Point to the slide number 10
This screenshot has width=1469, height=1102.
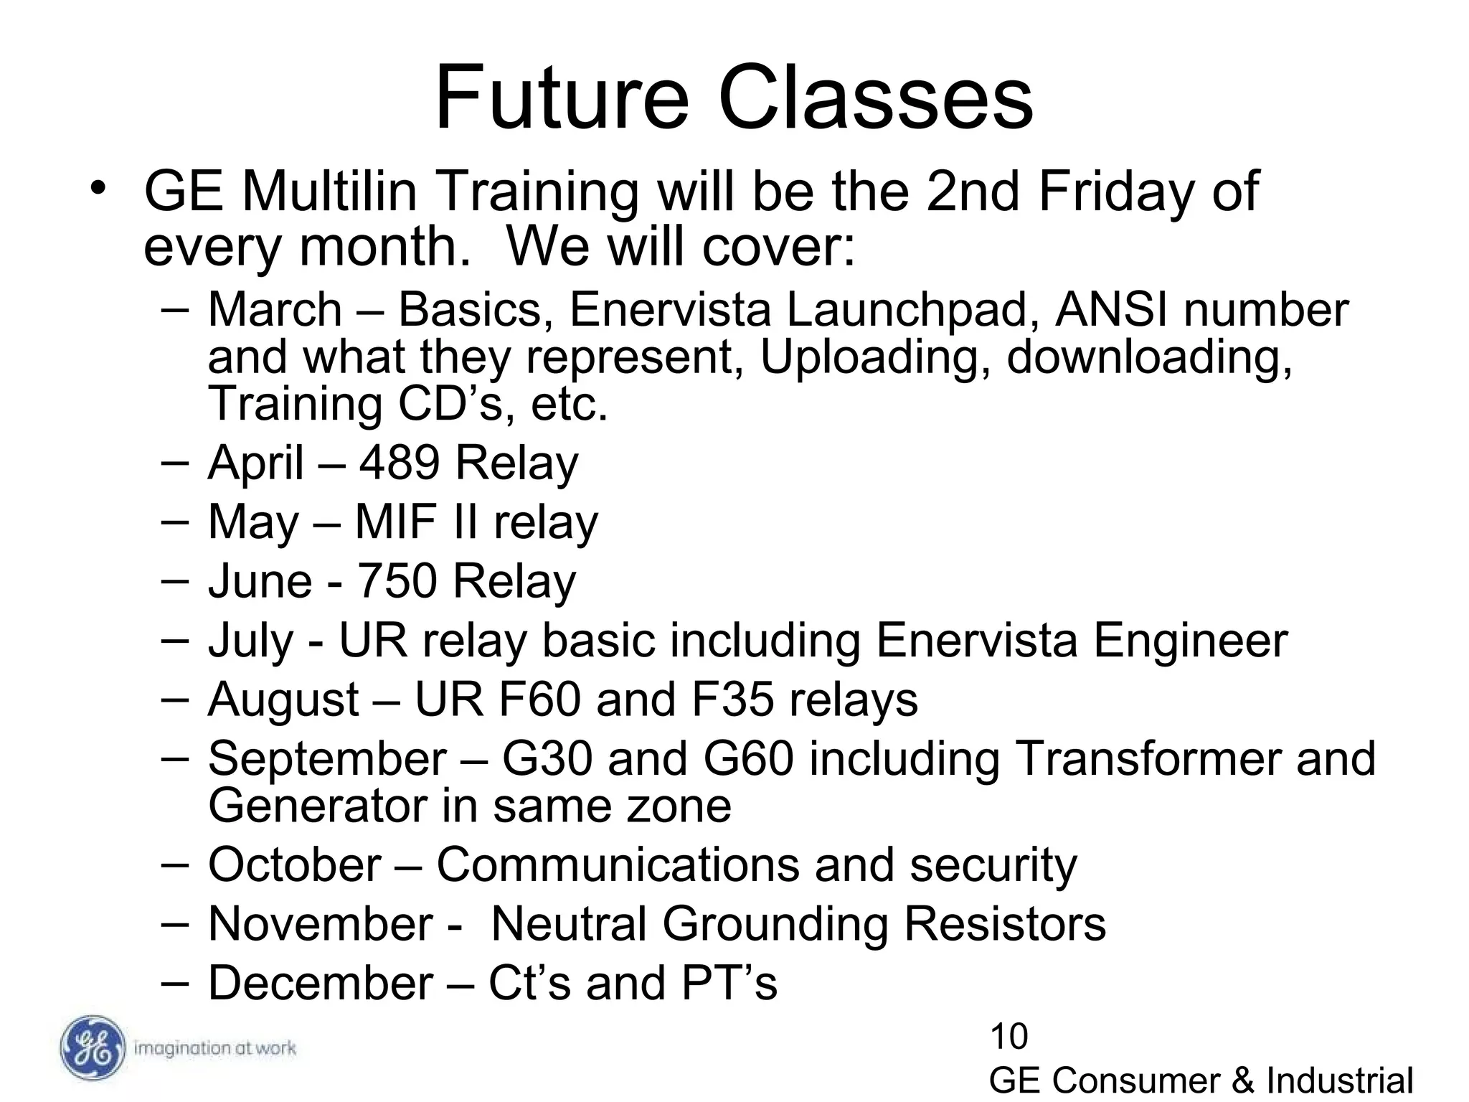(1009, 1037)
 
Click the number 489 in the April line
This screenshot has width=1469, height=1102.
(399, 463)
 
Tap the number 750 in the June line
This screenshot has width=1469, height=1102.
(397, 580)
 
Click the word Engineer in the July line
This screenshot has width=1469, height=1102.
(1190, 640)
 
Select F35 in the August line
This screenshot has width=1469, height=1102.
(732, 700)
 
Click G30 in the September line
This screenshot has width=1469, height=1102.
(547, 758)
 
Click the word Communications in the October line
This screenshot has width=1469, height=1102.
(617, 865)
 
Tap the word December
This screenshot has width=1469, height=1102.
(320, 983)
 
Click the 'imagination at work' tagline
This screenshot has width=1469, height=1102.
(214, 1048)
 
